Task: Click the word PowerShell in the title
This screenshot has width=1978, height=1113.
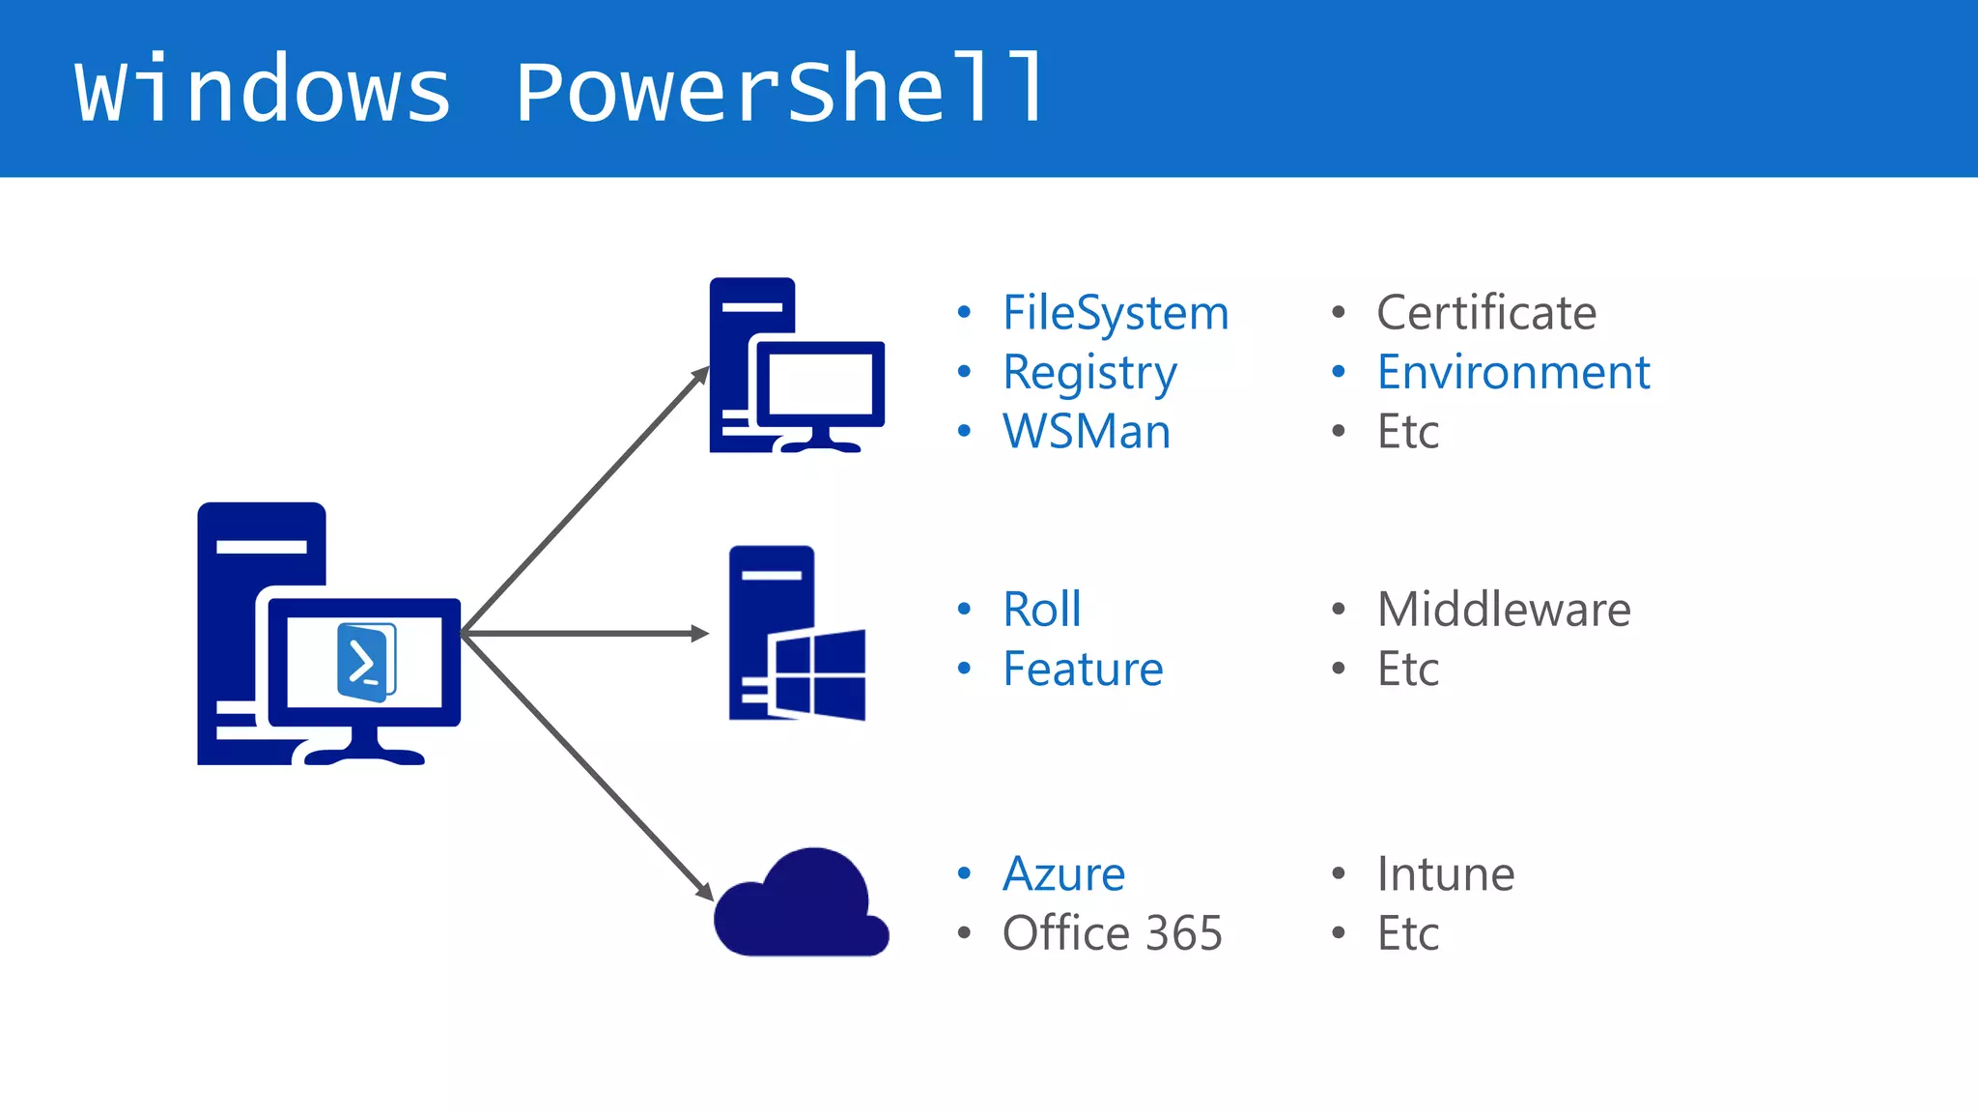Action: (x=780, y=90)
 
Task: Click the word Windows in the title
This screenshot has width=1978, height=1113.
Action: (x=263, y=90)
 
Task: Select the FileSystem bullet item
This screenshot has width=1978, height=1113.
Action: (x=1115, y=313)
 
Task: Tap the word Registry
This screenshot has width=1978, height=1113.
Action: (x=1089, y=373)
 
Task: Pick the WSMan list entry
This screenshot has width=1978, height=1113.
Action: (x=1086, y=432)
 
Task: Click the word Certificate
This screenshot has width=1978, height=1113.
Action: (x=1485, y=313)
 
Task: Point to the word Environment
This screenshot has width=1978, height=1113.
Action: (x=1512, y=373)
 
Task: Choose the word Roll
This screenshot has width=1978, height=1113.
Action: (x=1041, y=610)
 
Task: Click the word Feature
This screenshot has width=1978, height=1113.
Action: (x=1082, y=669)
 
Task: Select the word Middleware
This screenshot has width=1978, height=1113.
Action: (x=1503, y=610)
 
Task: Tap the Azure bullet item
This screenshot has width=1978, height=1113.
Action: (x=1063, y=874)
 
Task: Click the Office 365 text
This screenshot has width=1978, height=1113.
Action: (x=1112, y=933)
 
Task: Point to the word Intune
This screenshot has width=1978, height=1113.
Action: (x=1445, y=874)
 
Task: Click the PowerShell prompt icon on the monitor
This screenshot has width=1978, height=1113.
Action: (x=365, y=662)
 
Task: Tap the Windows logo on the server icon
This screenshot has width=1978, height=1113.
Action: (x=819, y=673)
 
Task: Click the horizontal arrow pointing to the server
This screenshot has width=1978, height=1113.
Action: (x=584, y=634)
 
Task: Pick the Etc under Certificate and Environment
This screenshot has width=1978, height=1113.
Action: (x=1407, y=432)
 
